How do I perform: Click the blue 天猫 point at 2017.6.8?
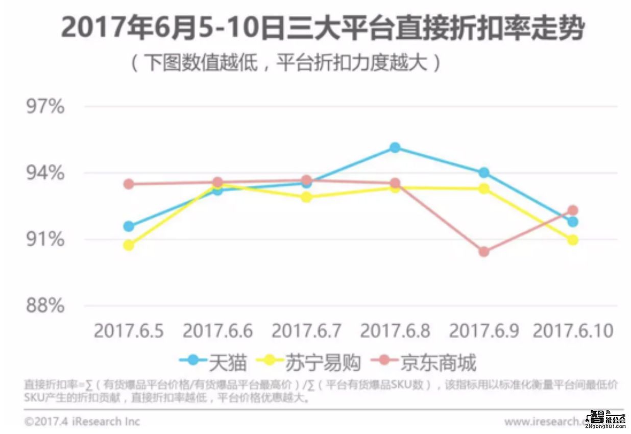point(395,148)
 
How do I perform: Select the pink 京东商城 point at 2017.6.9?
point(483,252)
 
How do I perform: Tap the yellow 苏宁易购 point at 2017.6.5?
point(129,245)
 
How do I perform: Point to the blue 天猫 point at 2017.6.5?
point(129,226)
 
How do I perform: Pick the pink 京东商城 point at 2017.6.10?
point(572,210)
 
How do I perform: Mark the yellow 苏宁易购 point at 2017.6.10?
point(572,240)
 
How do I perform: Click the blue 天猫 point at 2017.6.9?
point(483,173)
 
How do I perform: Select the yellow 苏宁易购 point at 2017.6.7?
point(306,197)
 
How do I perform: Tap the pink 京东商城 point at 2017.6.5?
point(129,184)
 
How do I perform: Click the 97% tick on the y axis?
point(45,107)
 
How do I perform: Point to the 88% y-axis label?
point(45,306)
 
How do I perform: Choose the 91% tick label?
point(45,239)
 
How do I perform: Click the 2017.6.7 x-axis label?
point(306,331)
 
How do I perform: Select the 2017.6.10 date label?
point(572,331)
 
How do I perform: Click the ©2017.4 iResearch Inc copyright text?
point(82,422)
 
